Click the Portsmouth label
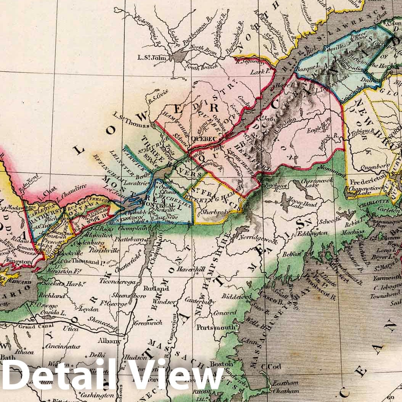point(210,327)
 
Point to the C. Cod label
point(271,367)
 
